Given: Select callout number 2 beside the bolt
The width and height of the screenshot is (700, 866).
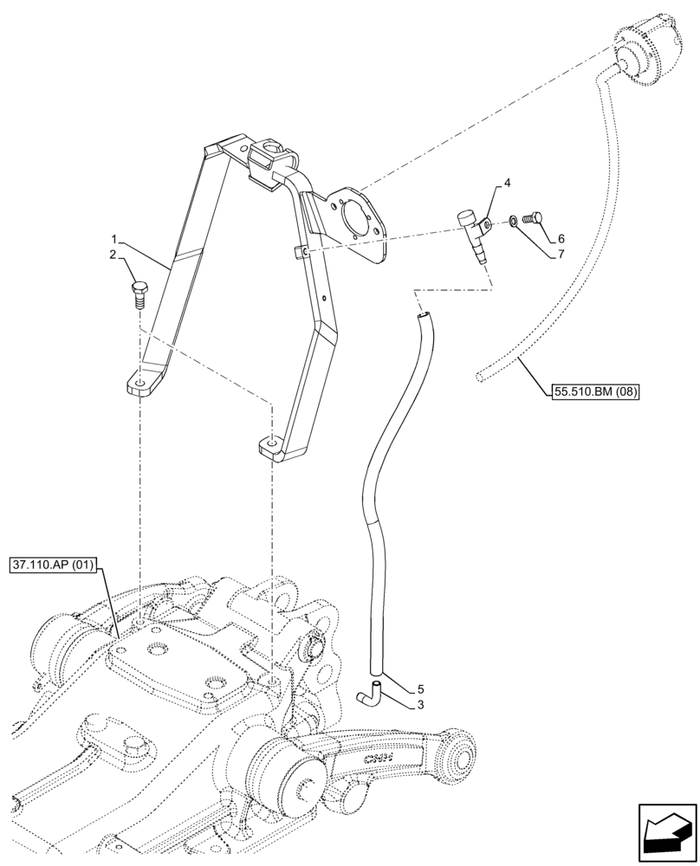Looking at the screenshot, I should (x=112, y=254).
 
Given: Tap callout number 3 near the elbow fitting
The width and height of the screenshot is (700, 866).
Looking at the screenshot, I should (x=419, y=705).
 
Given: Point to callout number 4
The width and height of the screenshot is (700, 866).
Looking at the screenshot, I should (x=508, y=184).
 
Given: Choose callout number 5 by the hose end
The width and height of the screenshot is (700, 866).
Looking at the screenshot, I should (x=419, y=689).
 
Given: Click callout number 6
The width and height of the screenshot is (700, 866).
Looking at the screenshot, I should (x=561, y=238).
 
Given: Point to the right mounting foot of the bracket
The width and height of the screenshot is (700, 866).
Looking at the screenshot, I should (x=270, y=446).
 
